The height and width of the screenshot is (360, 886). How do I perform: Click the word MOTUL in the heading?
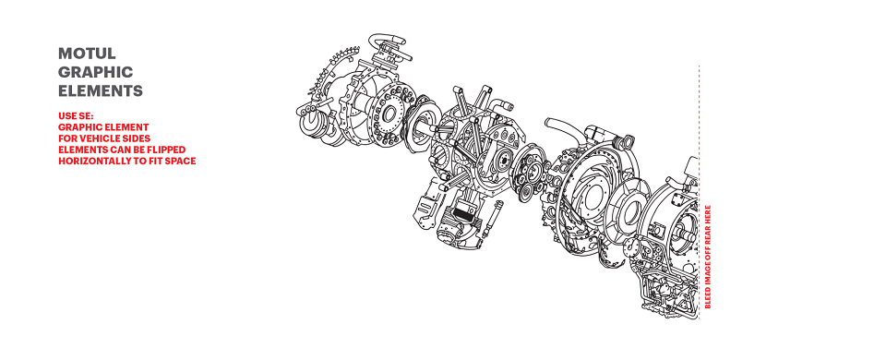coord(87,54)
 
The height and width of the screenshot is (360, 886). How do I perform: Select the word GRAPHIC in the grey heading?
coord(95,72)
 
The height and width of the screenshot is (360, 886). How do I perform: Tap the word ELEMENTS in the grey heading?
coord(101,91)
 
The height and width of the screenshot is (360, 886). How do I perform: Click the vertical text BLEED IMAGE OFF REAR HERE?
coord(708,256)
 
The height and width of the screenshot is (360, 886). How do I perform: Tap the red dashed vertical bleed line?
coord(700,192)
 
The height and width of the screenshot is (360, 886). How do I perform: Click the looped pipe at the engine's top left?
coord(386,42)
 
